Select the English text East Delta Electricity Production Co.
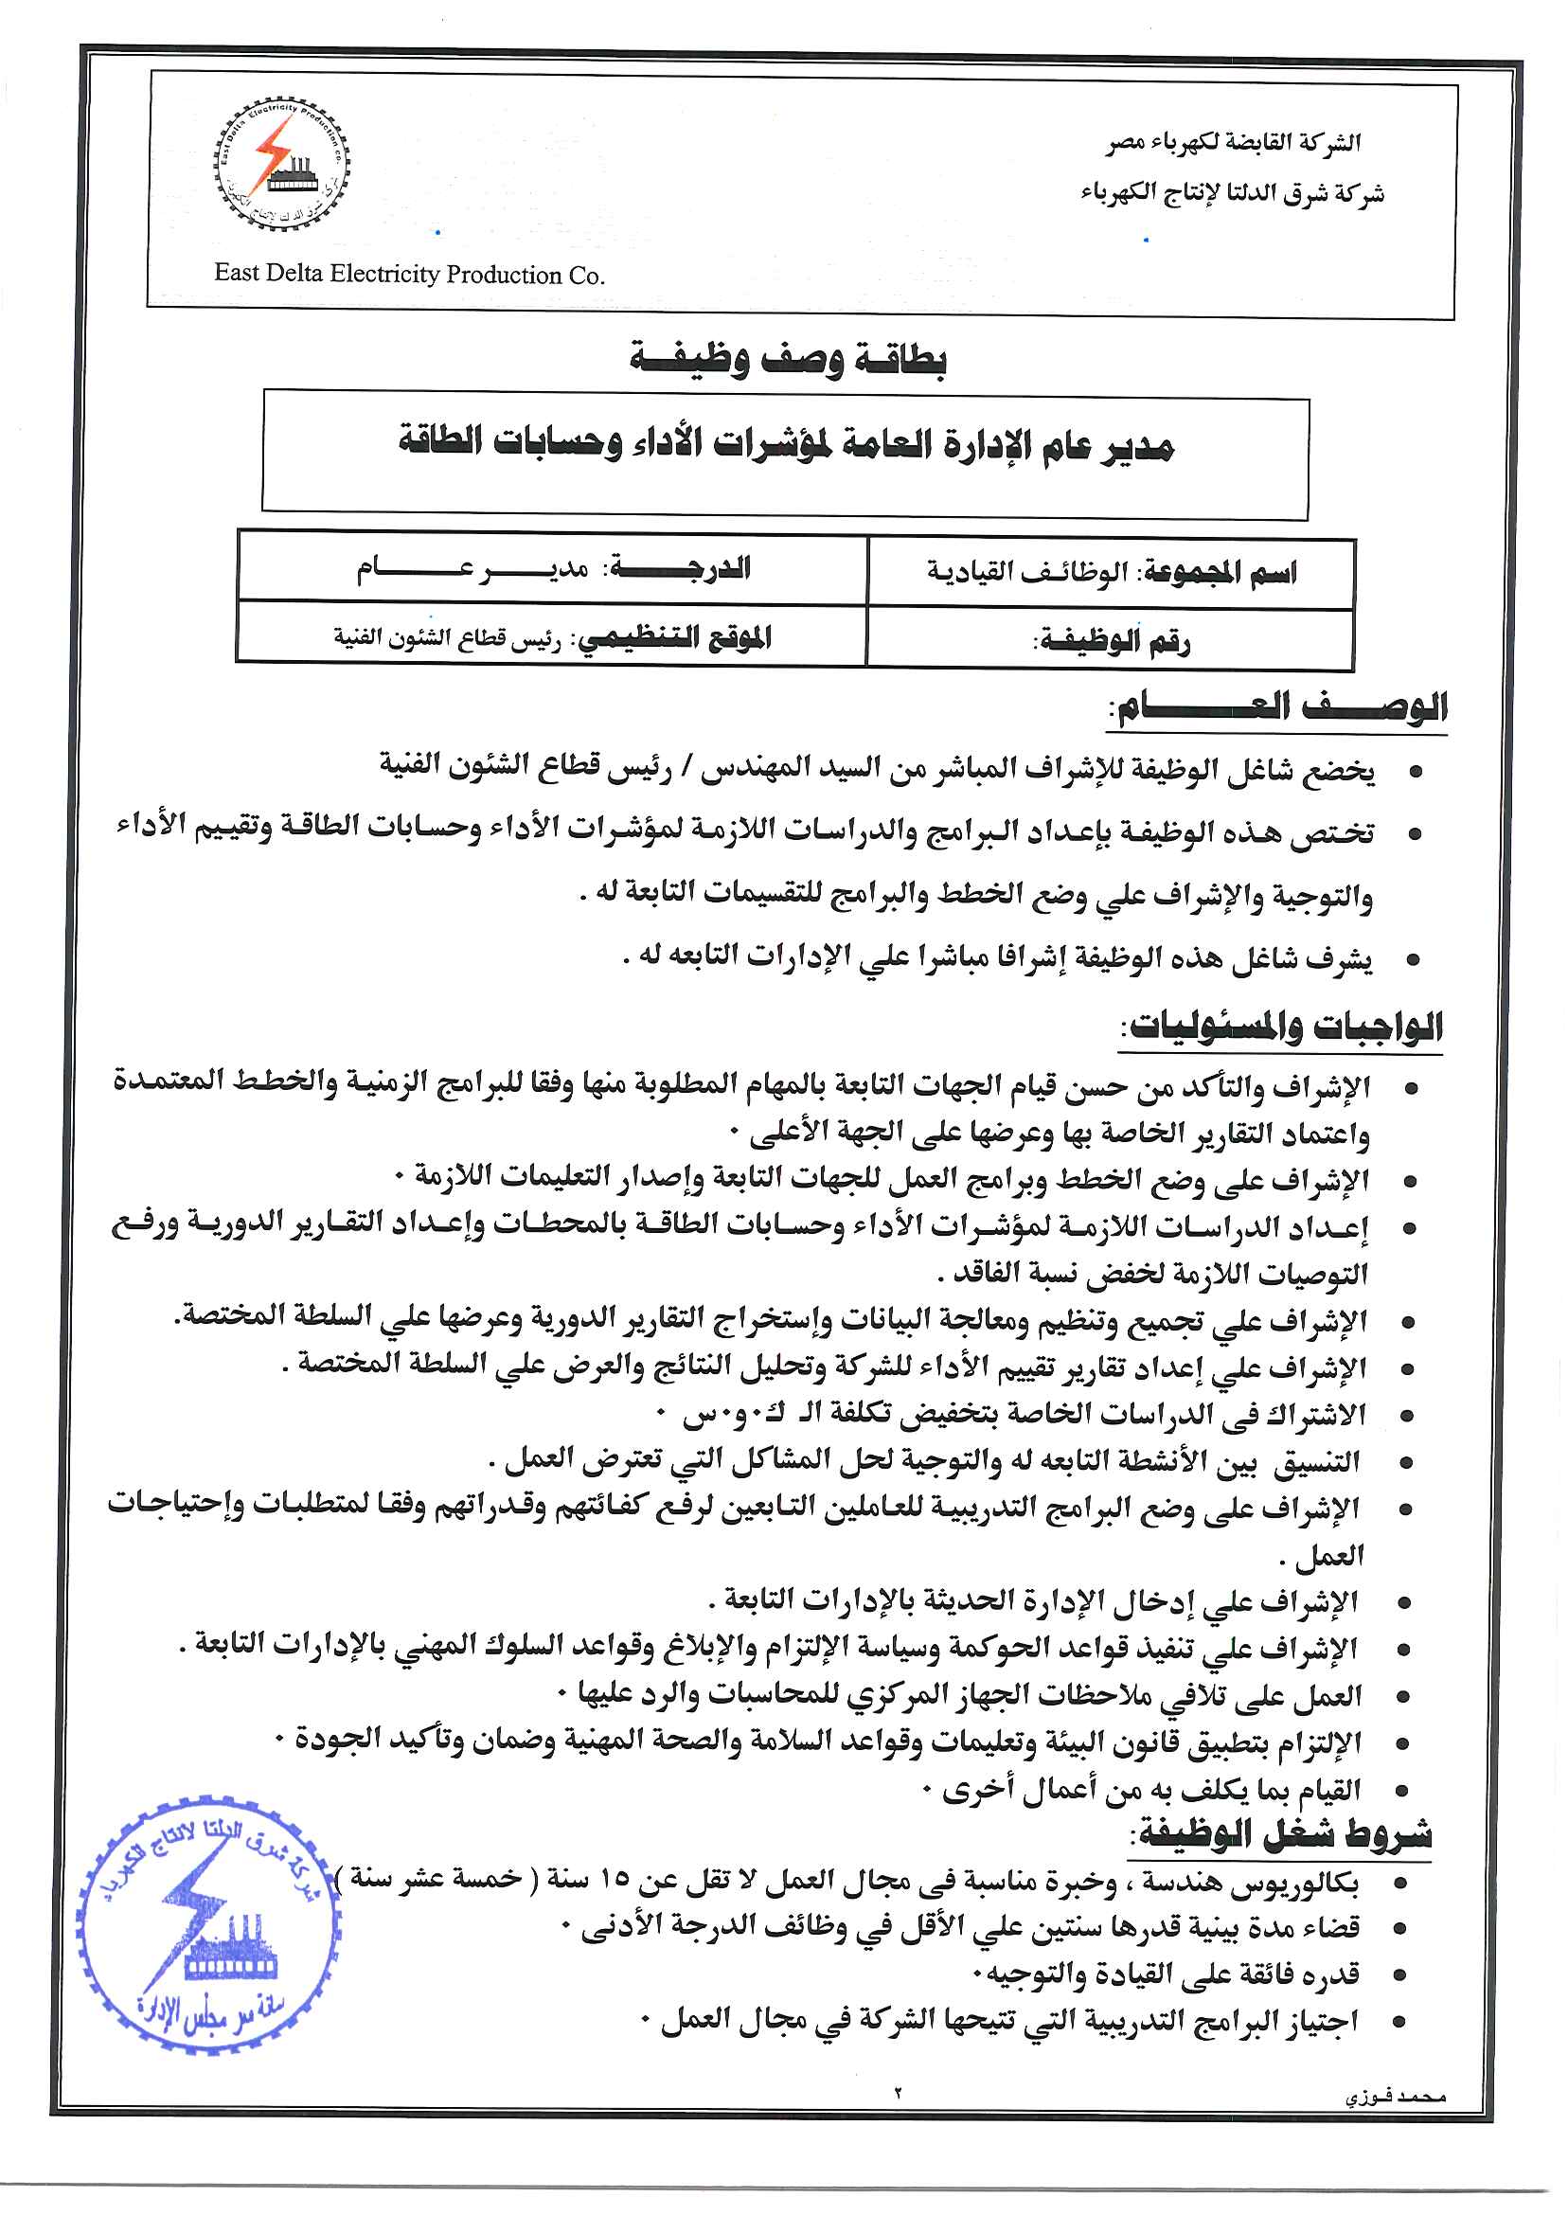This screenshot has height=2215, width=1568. tap(409, 275)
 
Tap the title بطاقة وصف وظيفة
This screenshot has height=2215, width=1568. tap(788, 358)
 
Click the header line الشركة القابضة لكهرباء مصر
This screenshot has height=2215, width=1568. tap(1233, 143)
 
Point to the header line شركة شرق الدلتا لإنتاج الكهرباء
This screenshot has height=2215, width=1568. tap(1232, 193)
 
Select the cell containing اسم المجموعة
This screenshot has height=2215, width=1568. tap(1111, 573)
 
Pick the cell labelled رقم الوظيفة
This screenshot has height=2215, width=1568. tap(1111, 639)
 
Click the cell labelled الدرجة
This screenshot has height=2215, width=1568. tap(552, 569)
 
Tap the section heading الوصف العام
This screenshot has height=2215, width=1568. tap(1279, 707)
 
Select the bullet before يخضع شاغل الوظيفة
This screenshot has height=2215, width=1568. tap(1416, 773)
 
